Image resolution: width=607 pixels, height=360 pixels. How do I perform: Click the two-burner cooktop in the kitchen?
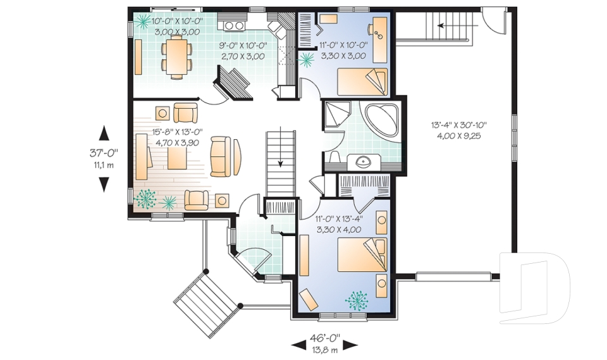pos(235,25)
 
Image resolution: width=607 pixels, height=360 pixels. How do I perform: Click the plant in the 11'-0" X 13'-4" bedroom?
pos(358,299)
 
